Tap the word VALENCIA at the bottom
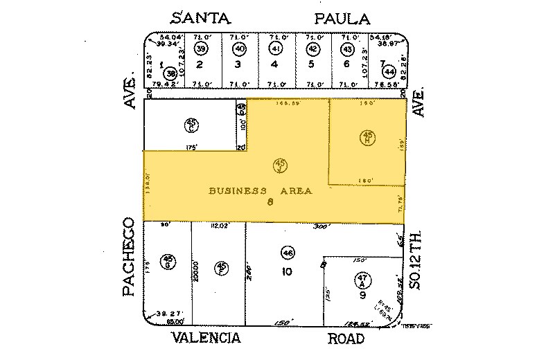tap(206, 338)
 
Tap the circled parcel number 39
tap(201, 49)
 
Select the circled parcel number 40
tap(239, 49)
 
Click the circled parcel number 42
tap(312, 49)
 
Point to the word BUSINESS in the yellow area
tap(238, 190)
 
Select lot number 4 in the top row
tap(275, 64)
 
